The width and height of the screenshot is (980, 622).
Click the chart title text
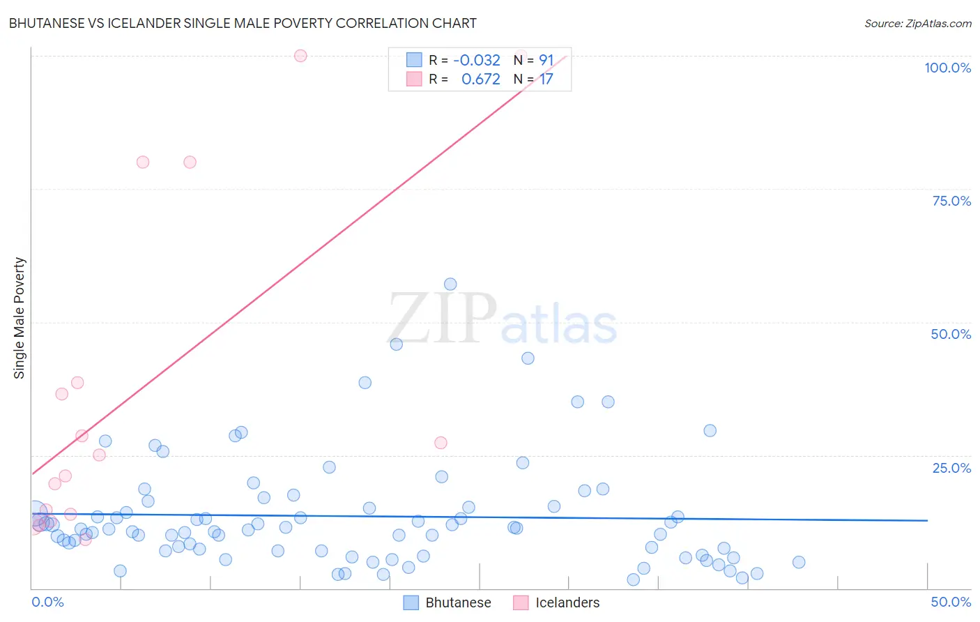coord(243,23)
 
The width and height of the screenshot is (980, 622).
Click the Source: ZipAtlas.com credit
coord(917,23)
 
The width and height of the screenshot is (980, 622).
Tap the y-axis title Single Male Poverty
coord(20,318)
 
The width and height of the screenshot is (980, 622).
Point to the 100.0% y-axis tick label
coord(947,68)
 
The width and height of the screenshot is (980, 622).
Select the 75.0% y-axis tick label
coord(951,201)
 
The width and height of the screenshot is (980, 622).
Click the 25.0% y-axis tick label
coord(951,468)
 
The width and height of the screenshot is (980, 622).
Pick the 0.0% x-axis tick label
coord(47,602)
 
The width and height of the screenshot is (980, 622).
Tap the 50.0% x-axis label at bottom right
coord(951,602)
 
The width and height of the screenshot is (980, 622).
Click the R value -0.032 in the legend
coord(477,61)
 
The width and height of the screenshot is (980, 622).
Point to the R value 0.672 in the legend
coord(480,79)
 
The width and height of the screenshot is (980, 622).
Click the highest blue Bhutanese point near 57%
coord(450,284)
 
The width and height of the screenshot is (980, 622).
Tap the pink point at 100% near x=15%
coord(300,56)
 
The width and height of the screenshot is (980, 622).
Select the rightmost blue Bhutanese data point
coord(799,562)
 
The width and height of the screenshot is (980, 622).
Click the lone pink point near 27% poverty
coord(441,443)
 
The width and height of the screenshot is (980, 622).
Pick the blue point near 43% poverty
coord(528,358)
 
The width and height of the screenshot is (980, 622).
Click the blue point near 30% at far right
coord(710,430)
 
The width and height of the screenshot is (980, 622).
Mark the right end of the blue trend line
coord(927,520)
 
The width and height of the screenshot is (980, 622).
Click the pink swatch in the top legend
coord(414,79)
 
